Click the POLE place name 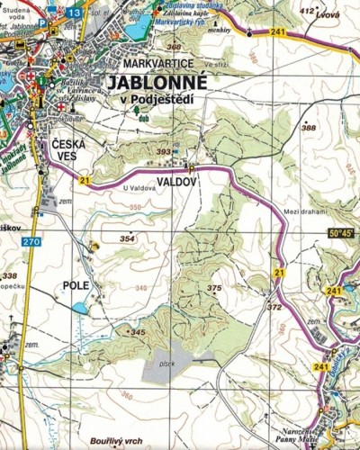tap(76, 285)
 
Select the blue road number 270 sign tap(32, 242)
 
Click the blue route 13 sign tap(74, 13)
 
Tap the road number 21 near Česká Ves tap(84, 180)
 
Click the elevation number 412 tap(308, 11)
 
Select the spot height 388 tap(310, 128)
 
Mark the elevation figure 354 tap(127, 238)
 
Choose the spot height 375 tap(213, 288)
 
